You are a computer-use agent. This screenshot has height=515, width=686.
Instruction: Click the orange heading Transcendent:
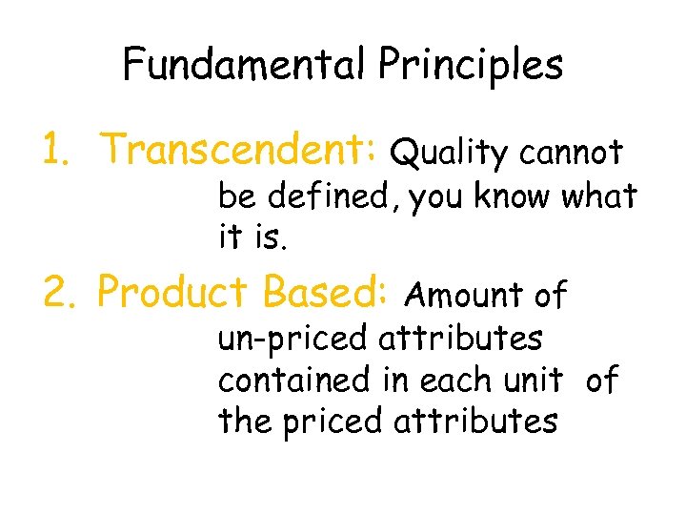241,149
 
